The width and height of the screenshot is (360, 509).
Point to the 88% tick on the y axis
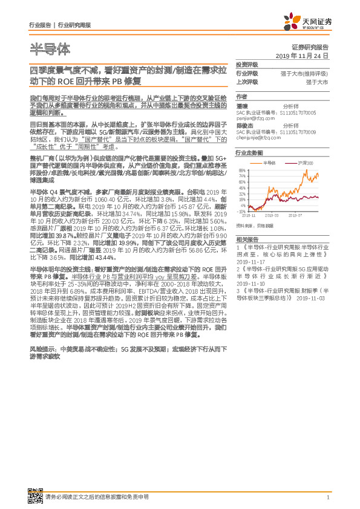tap(242, 171)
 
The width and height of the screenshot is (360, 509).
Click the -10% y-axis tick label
tap(242, 212)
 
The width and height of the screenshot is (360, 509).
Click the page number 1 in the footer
tap(327, 497)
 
